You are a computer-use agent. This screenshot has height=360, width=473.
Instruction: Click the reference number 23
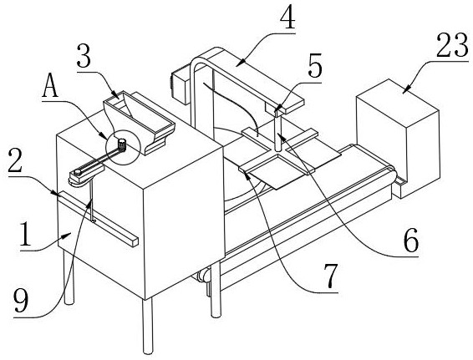(452, 45)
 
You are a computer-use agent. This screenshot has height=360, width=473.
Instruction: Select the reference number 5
(315, 66)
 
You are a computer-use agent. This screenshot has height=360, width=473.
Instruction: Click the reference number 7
(331, 276)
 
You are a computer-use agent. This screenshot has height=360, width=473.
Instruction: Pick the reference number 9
(21, 302)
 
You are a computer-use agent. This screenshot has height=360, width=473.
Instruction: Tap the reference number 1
(25, 233)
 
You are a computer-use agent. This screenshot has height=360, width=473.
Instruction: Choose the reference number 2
(16, 160)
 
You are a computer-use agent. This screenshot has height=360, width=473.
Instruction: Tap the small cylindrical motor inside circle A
(121, 145)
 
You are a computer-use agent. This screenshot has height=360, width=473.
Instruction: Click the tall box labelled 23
(398, 139)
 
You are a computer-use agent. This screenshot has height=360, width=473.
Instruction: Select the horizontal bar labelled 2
(98, 218)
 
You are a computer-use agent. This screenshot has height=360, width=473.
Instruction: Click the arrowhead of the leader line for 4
(237, 63)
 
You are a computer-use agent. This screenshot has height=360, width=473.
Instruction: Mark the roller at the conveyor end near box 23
(392, 174)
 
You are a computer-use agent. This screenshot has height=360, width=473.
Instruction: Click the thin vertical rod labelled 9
(91, 200)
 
